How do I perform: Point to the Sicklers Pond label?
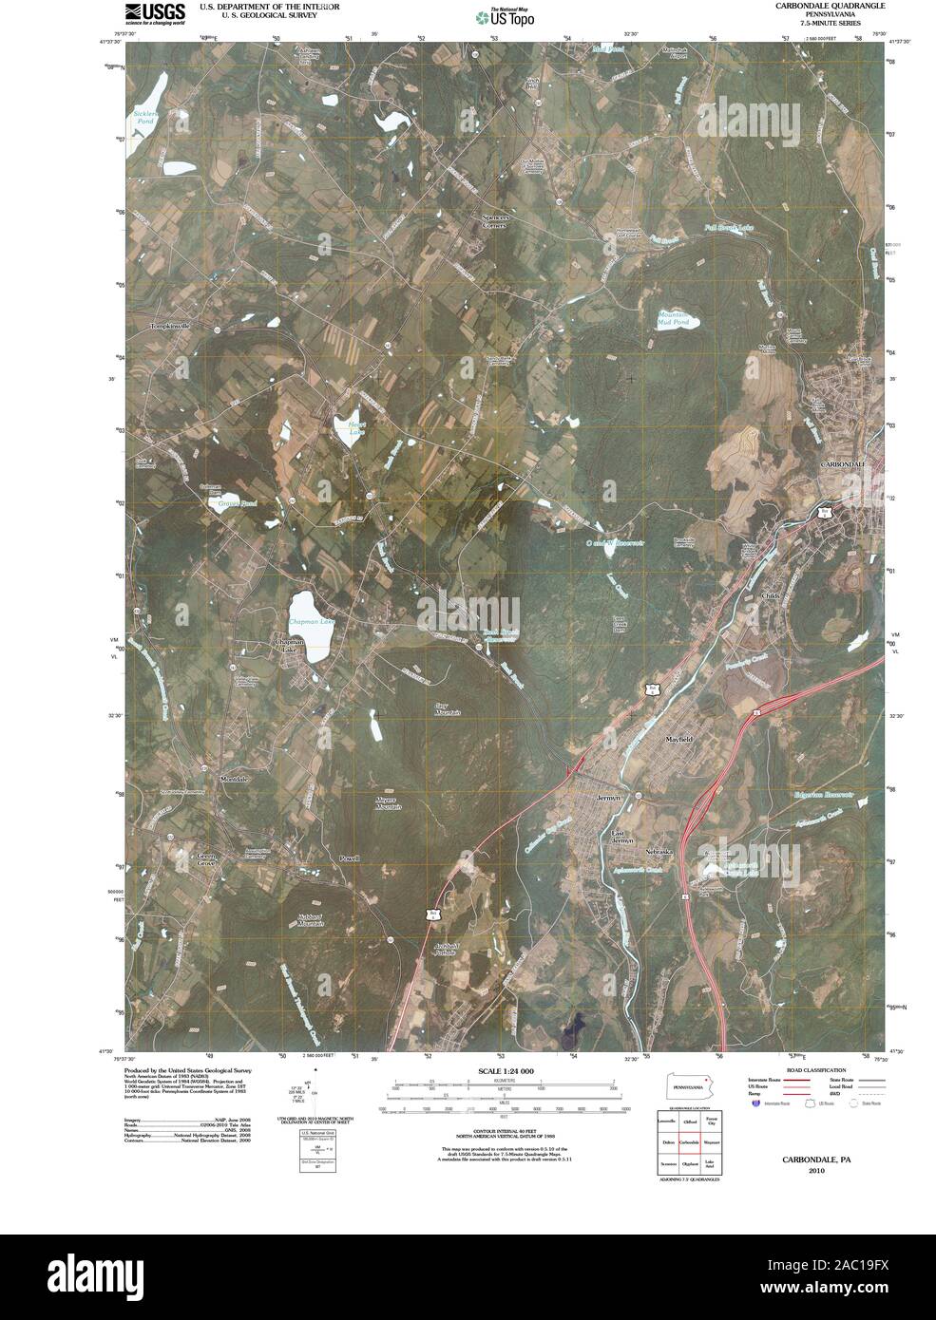(144, 118)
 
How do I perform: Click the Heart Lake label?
(355, 428)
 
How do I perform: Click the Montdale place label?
(234, 779)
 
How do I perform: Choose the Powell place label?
(350, 858)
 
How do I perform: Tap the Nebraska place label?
(658, 852)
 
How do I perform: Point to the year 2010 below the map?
(816, 1171)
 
